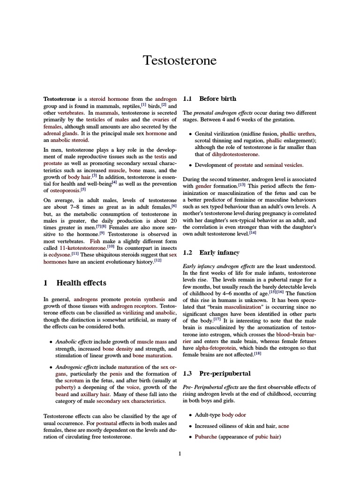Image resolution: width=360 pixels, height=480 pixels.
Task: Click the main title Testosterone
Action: click(180, 60)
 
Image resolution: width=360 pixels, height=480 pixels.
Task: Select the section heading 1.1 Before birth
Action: click(210, 99)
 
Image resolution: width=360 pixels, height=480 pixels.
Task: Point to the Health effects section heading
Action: click(75, 283)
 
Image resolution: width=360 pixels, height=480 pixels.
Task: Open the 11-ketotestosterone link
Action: click(82, 247)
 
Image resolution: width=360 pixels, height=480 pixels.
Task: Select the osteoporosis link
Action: click(64, 191)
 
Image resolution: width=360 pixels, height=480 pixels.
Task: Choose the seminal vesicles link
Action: click(284, 165)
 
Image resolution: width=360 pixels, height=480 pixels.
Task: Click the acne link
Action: click(284, 426)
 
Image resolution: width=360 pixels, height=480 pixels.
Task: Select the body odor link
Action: click(234, 415)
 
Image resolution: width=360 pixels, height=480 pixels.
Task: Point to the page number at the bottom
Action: click(180, 453)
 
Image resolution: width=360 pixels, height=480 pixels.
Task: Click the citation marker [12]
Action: click(157, 260)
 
